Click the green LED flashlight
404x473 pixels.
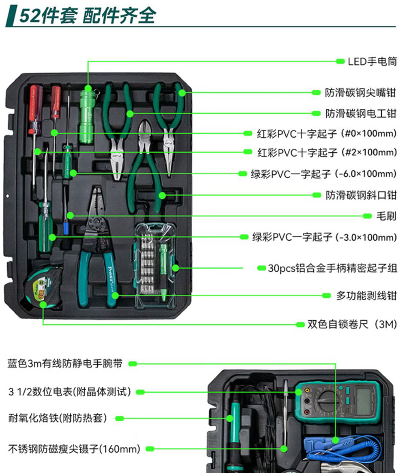click(x=87, y=116)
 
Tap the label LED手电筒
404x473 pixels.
click(x=372, y=61)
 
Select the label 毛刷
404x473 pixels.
click(x=386, y=216)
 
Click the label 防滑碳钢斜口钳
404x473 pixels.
click(x=361, y=195)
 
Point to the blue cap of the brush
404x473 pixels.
click(x=66, y=228)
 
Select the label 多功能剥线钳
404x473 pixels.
click(x=366, y=296)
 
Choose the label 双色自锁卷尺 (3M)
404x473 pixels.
click(x=352, y=324)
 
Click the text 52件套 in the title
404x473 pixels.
click(x=48, y=15)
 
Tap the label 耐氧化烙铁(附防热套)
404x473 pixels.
click(x=58, y=418)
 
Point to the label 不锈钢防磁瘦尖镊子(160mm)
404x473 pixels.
click(x=74, y=449)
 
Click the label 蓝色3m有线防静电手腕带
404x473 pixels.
click(x=65, y=363)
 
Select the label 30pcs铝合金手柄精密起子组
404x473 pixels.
click(x=332, y=268)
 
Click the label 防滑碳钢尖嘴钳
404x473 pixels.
click(x=361, y=92)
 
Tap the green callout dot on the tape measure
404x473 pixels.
click(x=43, y=304)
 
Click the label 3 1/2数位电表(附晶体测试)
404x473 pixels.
click(x=70, y=392)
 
